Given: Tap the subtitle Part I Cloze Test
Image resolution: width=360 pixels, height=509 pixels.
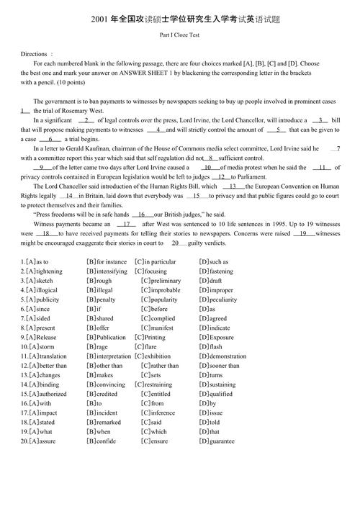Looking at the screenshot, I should [x=180, y=34].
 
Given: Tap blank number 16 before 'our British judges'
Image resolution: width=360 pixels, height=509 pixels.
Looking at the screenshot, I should [x=142, y=215].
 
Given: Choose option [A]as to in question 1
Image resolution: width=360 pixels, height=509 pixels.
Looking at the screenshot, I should [x=37, y=262].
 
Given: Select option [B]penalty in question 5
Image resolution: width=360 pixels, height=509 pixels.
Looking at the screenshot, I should [x=101, y=299].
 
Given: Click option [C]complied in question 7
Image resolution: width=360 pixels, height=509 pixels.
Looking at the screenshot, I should [x=158, y=318].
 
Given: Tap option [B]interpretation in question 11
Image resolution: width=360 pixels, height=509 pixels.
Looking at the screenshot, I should [x=108, y=356].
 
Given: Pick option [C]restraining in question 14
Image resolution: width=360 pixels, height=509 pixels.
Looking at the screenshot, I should [x=156, y=384].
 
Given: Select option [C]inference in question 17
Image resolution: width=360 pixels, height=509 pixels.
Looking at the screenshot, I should [x=158, y=413].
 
